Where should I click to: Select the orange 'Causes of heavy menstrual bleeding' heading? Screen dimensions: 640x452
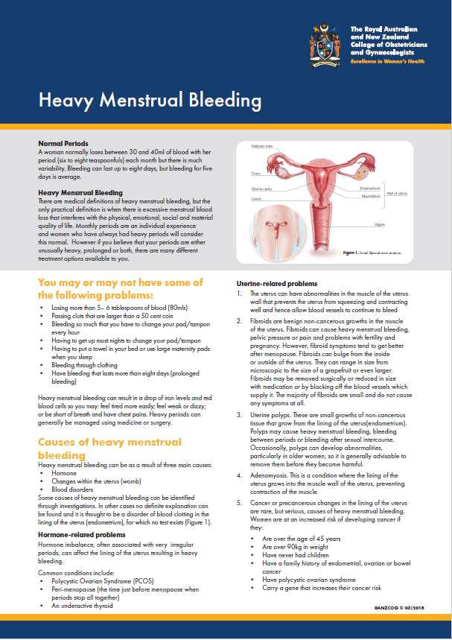(x=109, y=448)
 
